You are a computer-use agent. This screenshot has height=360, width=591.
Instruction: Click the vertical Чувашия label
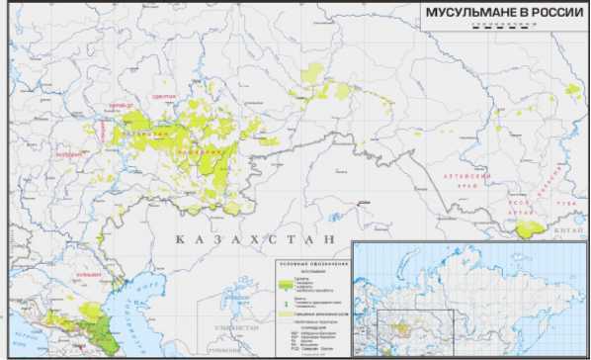[x=102, y=129]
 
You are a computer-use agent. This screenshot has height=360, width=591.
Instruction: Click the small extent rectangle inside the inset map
[x=415, y=327]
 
